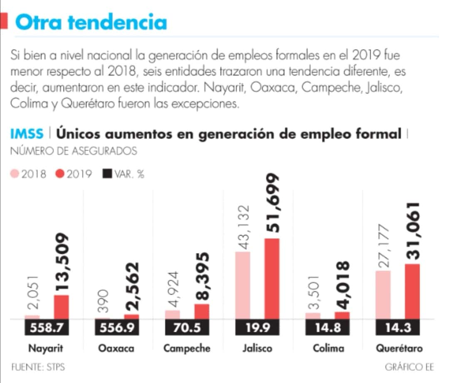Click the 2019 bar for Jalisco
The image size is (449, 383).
[x=272, y=279]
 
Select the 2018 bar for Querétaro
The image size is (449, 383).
[x=383, y=295]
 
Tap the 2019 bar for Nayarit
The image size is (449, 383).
[x=62, y=307]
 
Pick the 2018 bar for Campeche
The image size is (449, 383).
[x=173, y=315]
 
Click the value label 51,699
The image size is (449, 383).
[x=272, y=204]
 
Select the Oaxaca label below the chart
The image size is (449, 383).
[x=116, y=348]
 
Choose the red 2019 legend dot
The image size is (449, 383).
[x=60, y=174]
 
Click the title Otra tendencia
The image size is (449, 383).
[x=91, y=22]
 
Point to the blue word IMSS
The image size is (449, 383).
[x=27, y=134]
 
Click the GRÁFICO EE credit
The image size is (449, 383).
[x=410, y=367]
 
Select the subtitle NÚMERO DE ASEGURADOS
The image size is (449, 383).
[x=74, y=151]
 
